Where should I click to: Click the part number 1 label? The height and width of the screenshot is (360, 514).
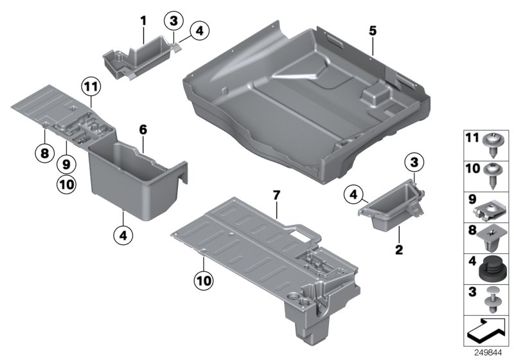point(143,22)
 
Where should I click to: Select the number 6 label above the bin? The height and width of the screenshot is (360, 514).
point(143,129)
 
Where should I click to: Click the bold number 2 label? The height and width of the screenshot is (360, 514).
point(398,249)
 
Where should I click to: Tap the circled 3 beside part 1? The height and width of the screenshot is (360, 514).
point(173,22)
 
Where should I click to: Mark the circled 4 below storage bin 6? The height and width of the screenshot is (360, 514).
point(122,235)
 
